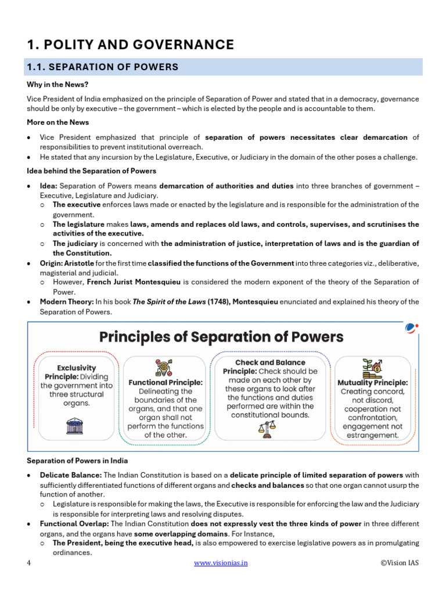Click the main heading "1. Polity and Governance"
tap(131, 45)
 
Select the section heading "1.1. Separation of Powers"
tap(103, 67)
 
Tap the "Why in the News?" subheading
tap(55, 84)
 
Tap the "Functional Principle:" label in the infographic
tap(166, 383)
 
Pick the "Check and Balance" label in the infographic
tap(270, 363)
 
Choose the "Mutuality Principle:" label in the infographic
tap(372, 383)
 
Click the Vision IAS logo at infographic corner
tap(411, 328)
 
